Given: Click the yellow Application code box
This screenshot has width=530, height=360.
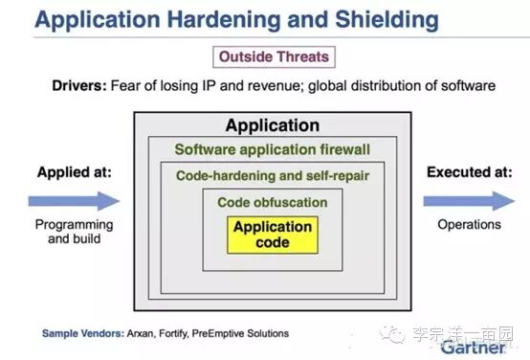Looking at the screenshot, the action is (273, 235).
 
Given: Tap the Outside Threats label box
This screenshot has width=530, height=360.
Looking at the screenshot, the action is (275, 56).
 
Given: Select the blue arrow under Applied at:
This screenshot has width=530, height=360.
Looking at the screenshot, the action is (74, 201).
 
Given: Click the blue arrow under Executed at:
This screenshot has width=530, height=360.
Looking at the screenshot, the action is (469, 201).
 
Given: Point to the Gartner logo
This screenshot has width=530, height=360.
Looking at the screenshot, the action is (474, 348).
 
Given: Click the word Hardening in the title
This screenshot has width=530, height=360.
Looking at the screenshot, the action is (224, 20).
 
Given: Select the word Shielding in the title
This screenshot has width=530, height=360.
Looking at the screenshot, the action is (387, 20).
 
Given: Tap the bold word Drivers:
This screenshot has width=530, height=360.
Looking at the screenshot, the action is (79, 85).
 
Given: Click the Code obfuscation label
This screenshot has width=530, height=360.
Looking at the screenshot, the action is (273, 202).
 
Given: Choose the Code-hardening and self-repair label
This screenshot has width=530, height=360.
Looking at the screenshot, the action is (273, 176).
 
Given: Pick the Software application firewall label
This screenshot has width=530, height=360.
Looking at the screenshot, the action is (273, 149).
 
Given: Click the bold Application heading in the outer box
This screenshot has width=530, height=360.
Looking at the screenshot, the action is (273, 125).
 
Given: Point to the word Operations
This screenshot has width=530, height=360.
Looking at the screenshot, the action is (469, 225).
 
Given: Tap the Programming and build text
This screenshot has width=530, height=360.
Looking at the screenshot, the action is (74, 232).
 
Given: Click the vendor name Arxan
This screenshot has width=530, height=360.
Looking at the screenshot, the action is (141, 333).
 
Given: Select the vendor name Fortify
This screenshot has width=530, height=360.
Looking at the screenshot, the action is (173, 334).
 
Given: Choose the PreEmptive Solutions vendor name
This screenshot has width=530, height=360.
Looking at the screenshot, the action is (240, 333).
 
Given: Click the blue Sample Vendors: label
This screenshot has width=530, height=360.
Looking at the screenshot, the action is (83, 333).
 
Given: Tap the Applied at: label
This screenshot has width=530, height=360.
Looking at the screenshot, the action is (75, 172).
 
